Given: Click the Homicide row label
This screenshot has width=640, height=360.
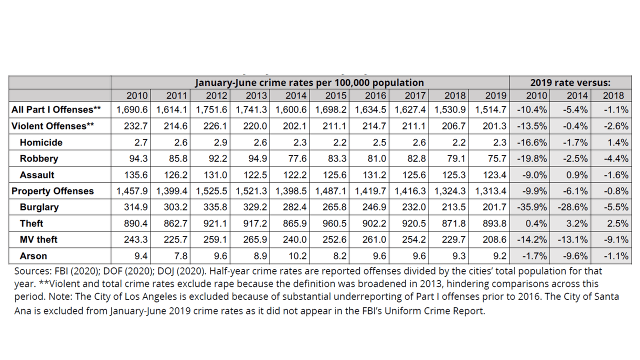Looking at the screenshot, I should (41, 142).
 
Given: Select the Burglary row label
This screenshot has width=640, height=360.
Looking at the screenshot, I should (39, 207).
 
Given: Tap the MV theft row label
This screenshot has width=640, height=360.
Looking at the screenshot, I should (38, 239).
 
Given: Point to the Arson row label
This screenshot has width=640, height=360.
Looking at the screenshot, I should (33, 256).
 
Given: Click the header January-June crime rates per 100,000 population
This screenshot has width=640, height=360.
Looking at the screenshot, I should (309, 82).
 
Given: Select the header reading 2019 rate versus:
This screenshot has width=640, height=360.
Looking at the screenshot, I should (570, 82).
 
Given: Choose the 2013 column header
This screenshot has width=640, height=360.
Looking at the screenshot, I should (256, 95).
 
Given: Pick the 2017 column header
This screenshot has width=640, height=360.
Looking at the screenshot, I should (415, 95).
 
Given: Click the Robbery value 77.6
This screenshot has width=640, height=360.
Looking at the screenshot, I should (296, 158).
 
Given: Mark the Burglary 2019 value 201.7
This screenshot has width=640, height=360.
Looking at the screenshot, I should (494, 207).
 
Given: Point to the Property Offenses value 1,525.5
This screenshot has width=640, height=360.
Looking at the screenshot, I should (211, 191).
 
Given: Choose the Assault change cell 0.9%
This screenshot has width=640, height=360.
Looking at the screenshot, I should (575, 175).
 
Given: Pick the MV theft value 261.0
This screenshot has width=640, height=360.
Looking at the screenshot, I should (375, 239).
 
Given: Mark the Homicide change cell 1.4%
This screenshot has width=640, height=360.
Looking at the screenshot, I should (617, 142).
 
